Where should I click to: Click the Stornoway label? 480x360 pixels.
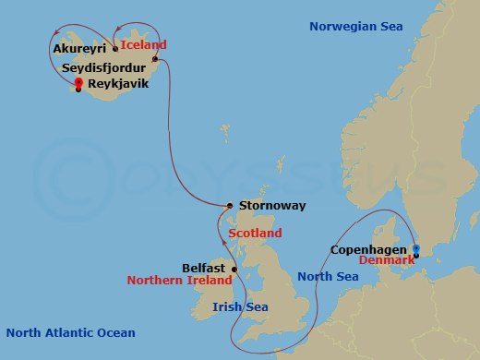coord(271,205)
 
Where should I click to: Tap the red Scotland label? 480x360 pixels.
coord(255,234)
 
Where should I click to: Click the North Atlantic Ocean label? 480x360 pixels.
coord(70,332)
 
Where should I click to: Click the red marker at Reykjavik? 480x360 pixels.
coord(78,83)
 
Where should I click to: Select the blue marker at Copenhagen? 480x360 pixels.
coord(415,249)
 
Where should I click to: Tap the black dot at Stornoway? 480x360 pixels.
coord(229,206)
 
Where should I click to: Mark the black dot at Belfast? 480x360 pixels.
coord(234,270)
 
